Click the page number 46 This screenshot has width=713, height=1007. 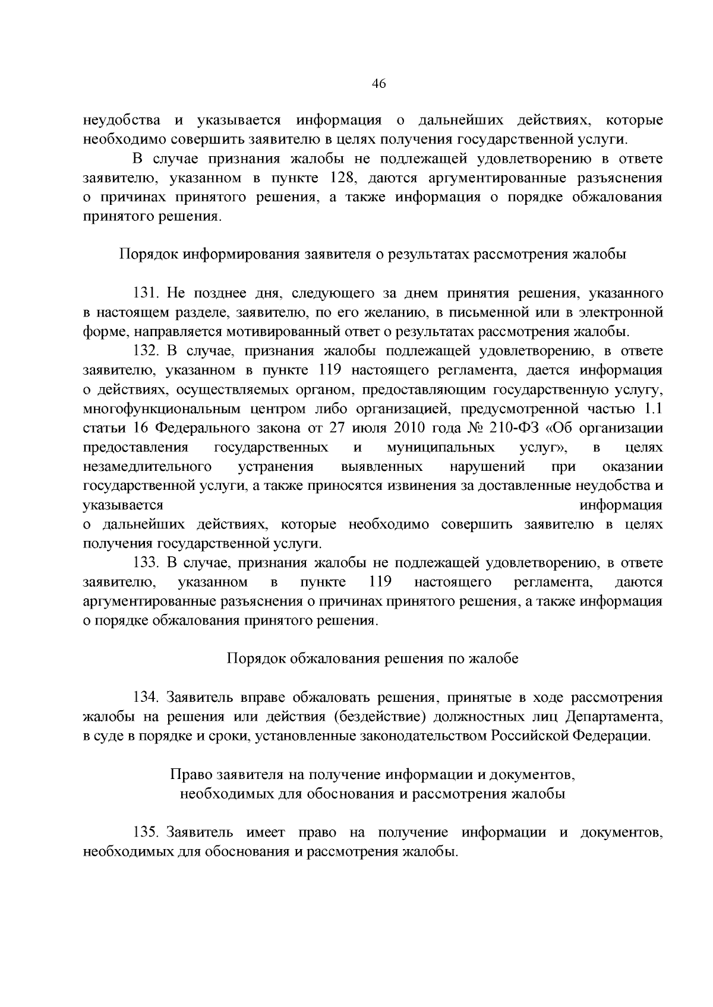coord(379,84)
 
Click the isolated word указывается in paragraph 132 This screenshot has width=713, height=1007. coord(123,505)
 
